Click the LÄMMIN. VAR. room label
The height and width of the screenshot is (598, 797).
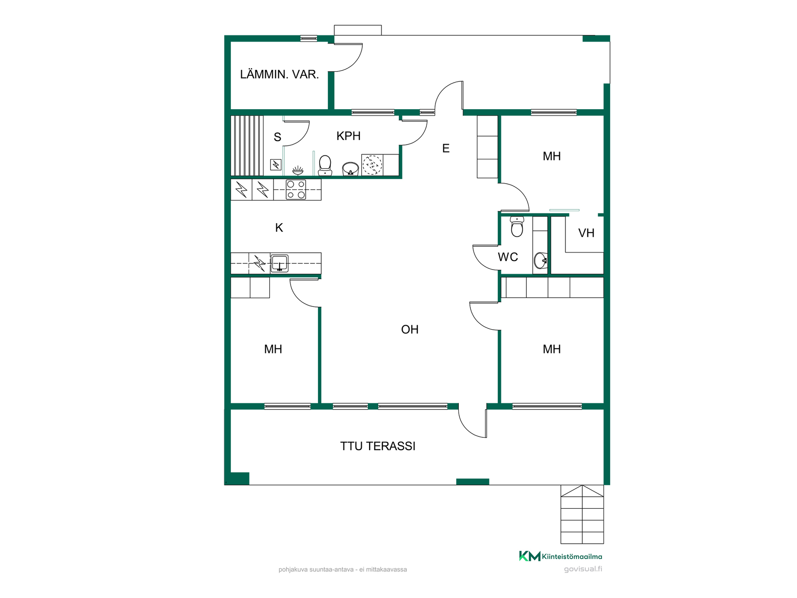[x=279, y=74]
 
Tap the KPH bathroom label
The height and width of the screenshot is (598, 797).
[x=348, y=136]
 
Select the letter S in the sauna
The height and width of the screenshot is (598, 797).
[x=277, y=137]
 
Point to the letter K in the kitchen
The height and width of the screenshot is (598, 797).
[x=279, y=228]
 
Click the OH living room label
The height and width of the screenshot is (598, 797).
[x=410, y=329]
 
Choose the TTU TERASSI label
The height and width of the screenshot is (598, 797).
[x=378, y=446]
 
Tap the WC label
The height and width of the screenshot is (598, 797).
[x=508, y=257]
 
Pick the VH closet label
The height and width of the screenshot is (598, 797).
[x=586, y=233]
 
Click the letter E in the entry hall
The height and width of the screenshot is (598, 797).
[x=446, y=148]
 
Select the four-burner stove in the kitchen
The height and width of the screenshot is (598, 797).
[x=296, y=189]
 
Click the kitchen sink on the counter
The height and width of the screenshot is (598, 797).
[x=279, y=263]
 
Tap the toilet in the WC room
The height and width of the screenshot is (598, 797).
[x=517, y=226]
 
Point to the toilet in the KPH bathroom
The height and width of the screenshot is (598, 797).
[x=325, y=166]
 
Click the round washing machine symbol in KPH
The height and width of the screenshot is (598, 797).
[x=372, y=165]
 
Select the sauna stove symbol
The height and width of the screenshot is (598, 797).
[x=276, y=165]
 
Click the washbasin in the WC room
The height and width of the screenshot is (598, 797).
[x=540, y=260]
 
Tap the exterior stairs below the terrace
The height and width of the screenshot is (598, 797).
[x=582, y=514]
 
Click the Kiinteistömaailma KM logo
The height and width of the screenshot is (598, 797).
[x=560, y=556]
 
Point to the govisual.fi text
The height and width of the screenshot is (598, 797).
[x=583, y=569]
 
